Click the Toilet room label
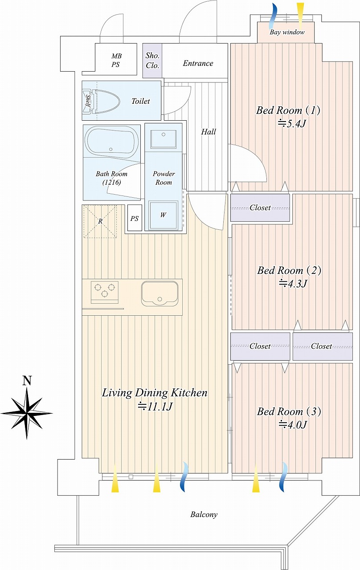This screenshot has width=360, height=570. coord(140,101)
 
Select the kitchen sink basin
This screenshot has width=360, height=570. coord(160,293)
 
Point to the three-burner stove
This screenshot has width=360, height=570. coord(105,293)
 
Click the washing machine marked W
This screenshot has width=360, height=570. coord(163,215)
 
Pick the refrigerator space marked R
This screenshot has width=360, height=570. coord(100,221)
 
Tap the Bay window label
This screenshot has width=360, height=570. coord(287,33)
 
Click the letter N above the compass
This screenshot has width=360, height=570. coord(27,380)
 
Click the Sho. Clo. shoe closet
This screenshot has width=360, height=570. coord(152,61)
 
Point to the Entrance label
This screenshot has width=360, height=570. coord(198,63)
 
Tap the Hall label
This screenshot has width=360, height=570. coord(208,132)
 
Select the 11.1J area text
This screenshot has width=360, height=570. coord(155,407)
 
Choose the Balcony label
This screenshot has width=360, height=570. coord(204,514)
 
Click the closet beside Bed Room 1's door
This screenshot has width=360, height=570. coord(260,208)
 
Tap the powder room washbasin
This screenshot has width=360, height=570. coord(163,139)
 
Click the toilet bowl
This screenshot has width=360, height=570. coord(106,101)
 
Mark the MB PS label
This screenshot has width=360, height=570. coord(116,60)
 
